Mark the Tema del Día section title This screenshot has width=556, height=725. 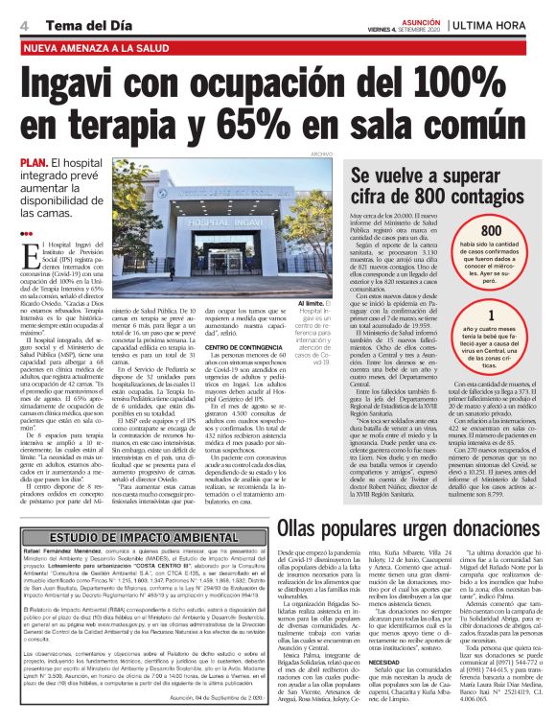pos(77,22)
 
